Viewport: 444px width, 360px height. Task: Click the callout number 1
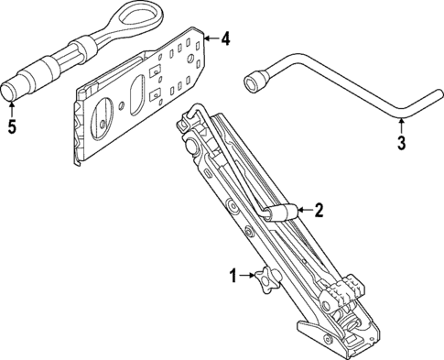click(233, 274)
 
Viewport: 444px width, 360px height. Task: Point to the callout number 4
click(226, 38)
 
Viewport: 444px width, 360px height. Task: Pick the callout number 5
click(11, 126)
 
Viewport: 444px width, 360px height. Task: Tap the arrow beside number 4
click(211, 38)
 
